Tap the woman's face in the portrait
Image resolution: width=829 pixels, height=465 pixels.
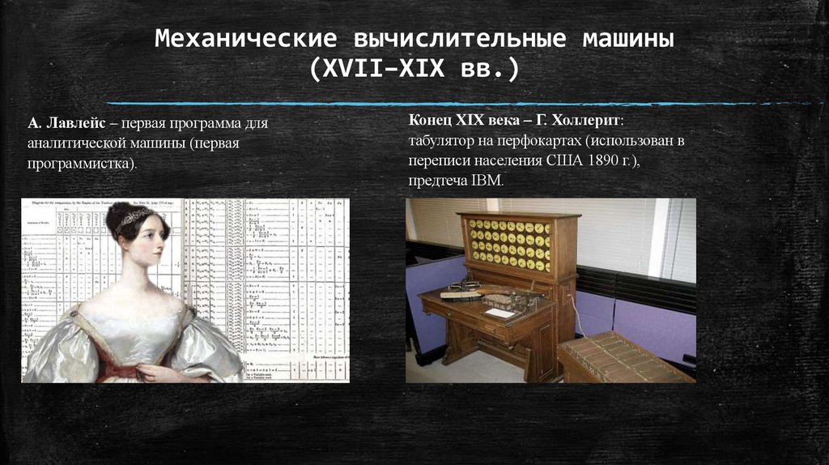coord(146,241)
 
